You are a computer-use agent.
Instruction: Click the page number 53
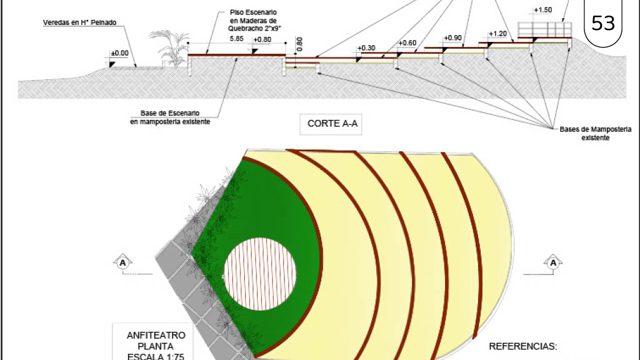(x=603, y=23)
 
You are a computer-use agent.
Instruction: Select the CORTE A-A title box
(x=331, y=124)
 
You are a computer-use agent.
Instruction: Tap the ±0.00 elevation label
(x=119, y=53)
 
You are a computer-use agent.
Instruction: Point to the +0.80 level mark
(x=262, y=39)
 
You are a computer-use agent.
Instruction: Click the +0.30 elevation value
(x=366, y=48)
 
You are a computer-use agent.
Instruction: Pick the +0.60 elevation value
(x=407, y=43)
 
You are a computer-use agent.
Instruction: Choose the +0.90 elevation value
(x=452, y=38)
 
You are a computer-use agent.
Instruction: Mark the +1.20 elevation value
(x=497, y=34)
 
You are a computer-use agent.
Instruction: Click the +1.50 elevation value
(x=543, y=10)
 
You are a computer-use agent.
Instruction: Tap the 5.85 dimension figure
(x=236, y=39)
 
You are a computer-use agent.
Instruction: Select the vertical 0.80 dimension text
(x=299, y=44)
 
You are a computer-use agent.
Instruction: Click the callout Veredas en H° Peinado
(x=79, y=22)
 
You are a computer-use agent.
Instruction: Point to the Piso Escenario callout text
(x=253, y=21)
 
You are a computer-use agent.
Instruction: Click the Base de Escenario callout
(x=170, y=117)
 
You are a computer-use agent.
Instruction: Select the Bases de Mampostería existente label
(x=595, y=134)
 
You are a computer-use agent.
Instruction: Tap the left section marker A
(x=123, y=263)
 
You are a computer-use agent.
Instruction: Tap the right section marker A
(x=553, y=262)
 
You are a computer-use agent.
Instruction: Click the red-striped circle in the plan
(x=260, y=274)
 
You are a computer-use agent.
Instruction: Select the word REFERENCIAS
(x=523, y=346)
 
